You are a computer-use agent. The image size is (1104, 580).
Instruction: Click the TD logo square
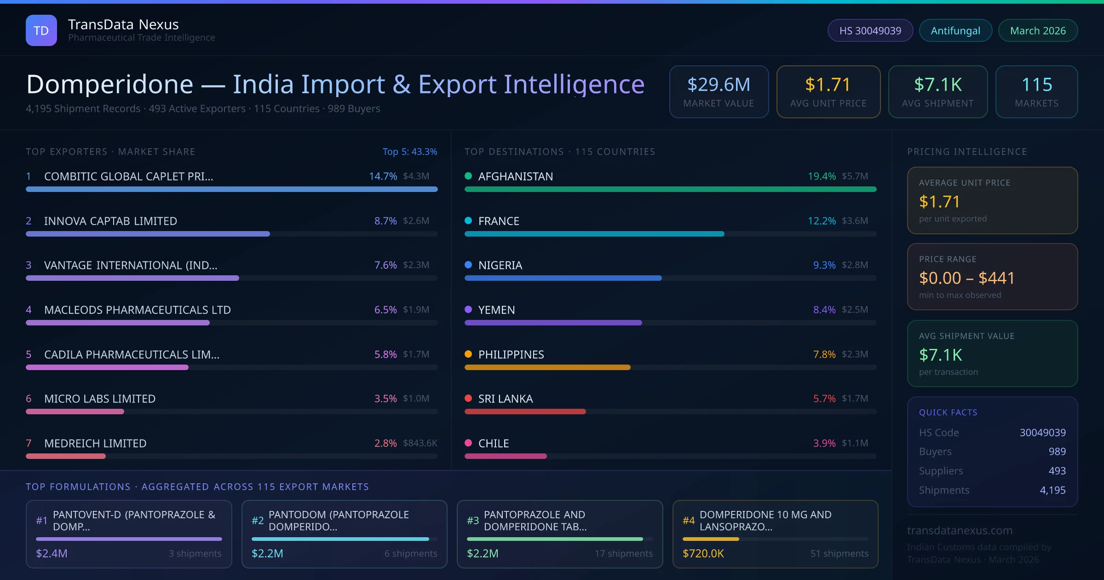pos(41,30)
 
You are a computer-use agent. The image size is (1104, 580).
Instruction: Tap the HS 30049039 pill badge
pos(870,30)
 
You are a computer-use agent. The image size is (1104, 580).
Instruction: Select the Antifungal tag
pos(955,30)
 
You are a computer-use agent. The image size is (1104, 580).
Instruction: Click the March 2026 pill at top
pos(1038,30)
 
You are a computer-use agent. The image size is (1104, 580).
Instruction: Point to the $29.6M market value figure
pos(719,85)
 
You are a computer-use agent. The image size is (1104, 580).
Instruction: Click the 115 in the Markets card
pos(1036,85)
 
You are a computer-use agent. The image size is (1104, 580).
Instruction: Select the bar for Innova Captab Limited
pos(148,234)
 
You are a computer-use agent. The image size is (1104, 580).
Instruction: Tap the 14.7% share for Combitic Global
pos(383,176)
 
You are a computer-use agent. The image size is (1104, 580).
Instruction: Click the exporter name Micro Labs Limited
pos(100,399)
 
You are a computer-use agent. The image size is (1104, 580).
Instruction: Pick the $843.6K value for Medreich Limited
pos(420,443)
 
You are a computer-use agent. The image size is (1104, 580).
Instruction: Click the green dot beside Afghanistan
pos(468,176)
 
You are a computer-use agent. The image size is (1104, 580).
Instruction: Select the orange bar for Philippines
pos(547,367)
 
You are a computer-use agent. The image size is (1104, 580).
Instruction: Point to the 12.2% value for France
pos(822,221)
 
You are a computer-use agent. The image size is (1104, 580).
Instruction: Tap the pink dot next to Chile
pos(468,443)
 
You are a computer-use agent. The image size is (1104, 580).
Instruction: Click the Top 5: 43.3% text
pos(409,151)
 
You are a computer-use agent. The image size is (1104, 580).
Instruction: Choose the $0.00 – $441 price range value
pos(966,278)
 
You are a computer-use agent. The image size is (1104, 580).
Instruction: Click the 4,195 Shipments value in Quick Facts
pos(1052,490)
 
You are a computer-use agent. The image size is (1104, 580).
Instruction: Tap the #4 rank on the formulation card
pos(689,521)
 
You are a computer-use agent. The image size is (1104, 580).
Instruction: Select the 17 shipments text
pos(623,553)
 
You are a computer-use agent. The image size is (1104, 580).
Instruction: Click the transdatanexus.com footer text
pos(960,530)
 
